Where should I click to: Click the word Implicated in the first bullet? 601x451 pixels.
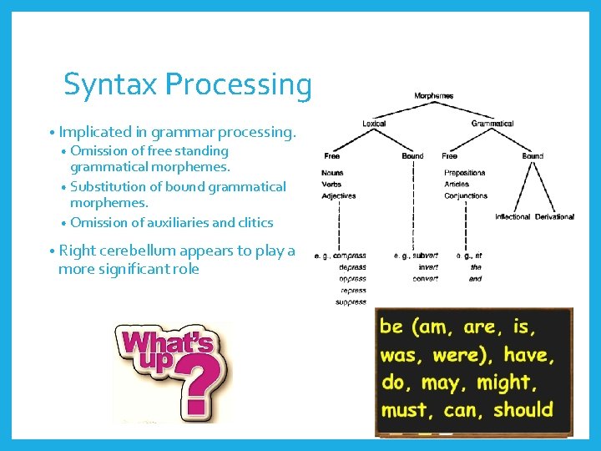[x=96, y=132]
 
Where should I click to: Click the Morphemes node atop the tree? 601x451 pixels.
[x=434, y=96]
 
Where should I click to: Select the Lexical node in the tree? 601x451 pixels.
[x=374, y=124]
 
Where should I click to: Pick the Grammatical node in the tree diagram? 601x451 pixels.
[x=492, y=124]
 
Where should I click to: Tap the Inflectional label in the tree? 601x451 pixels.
[x=513, y=217]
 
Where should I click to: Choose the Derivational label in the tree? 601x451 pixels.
[x=554, y=217]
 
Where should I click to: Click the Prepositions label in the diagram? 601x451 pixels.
[x=465, y=173]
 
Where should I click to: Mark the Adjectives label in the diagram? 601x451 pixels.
[x=338, y=196]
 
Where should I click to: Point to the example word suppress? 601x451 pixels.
[x=351, y=302]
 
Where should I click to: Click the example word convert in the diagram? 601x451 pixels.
[x=425, y=279]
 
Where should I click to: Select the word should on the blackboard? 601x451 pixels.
[x=523, y=410]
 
